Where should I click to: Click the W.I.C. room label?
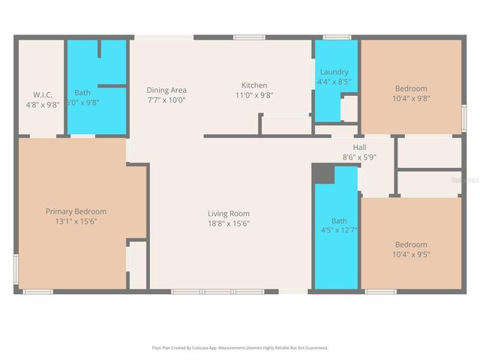41,94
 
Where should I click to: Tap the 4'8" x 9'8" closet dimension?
41,105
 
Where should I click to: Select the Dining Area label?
166,90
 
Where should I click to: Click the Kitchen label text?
254,85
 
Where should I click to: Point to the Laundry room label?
334,72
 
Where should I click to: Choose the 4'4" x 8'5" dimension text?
334,82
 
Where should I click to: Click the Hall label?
359,148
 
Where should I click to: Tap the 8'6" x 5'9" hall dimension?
359,157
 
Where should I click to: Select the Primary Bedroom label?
76,211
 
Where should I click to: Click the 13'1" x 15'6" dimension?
76,221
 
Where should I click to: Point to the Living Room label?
229,214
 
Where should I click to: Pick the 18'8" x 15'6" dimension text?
229,223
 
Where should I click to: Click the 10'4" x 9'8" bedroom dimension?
411,98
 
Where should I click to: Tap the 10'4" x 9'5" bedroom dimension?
411,254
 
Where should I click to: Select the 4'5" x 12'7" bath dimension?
339,230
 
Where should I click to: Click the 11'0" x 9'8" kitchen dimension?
254,95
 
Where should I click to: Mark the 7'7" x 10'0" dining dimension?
166,100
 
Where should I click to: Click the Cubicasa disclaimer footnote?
240,348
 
